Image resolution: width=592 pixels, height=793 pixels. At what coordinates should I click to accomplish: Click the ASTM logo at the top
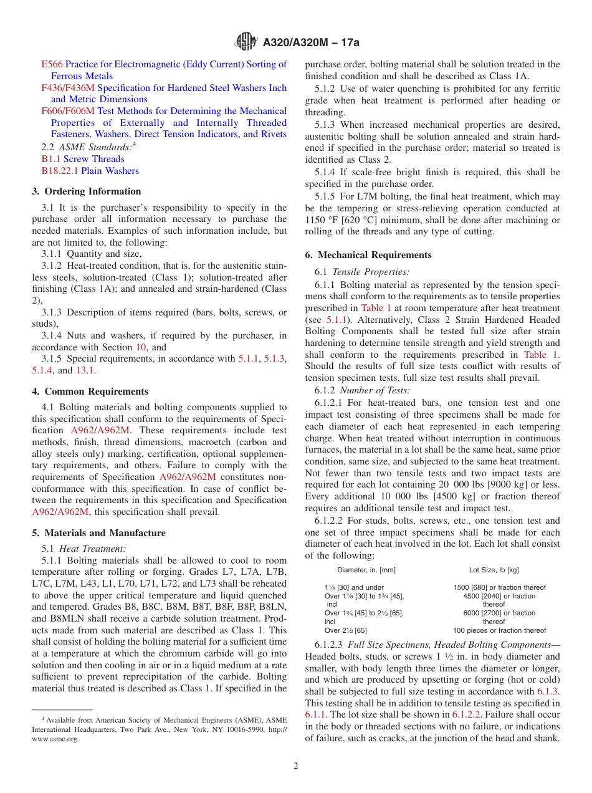(x=246, y=42)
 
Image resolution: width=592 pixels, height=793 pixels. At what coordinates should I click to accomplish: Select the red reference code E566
(x=52, y=64)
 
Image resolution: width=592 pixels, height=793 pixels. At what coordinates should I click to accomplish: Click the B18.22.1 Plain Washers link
(x=90, y=171)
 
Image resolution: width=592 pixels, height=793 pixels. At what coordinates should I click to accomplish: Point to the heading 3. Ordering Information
(x=87, y=191)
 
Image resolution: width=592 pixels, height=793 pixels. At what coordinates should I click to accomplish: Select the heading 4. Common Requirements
(x=90, y=392)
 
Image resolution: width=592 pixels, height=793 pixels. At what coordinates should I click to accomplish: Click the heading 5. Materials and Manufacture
(x=99, y=533)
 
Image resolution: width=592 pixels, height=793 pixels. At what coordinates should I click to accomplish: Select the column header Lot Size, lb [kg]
(x=494, y=570)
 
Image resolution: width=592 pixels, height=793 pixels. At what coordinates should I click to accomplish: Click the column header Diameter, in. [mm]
(x=366, y=570)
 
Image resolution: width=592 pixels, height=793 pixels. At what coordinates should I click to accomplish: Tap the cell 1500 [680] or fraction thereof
(x=499, y=587)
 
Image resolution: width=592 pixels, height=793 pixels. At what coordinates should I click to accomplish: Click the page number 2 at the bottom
(x=296, y=766)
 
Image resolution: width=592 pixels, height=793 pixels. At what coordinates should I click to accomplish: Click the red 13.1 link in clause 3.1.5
(x=85, y=370)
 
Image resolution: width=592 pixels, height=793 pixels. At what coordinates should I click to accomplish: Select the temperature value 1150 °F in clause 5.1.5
(x=322, y=220)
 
